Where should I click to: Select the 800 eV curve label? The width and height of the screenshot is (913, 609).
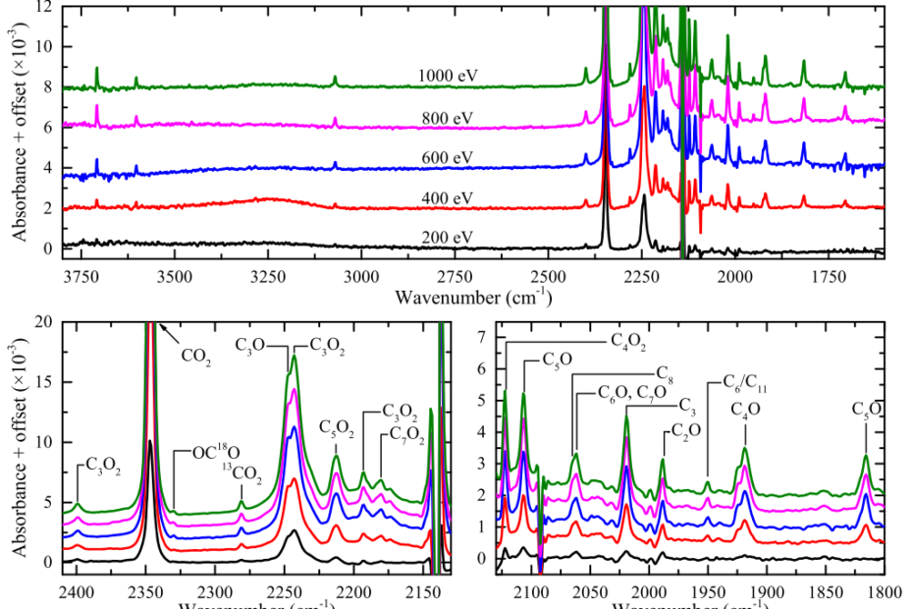coord(448,116)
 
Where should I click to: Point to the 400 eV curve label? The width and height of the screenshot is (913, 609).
coord(448,198)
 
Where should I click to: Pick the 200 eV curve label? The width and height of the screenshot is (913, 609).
coord(448,237)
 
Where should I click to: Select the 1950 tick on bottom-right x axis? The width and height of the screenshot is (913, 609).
coord(708,593)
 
